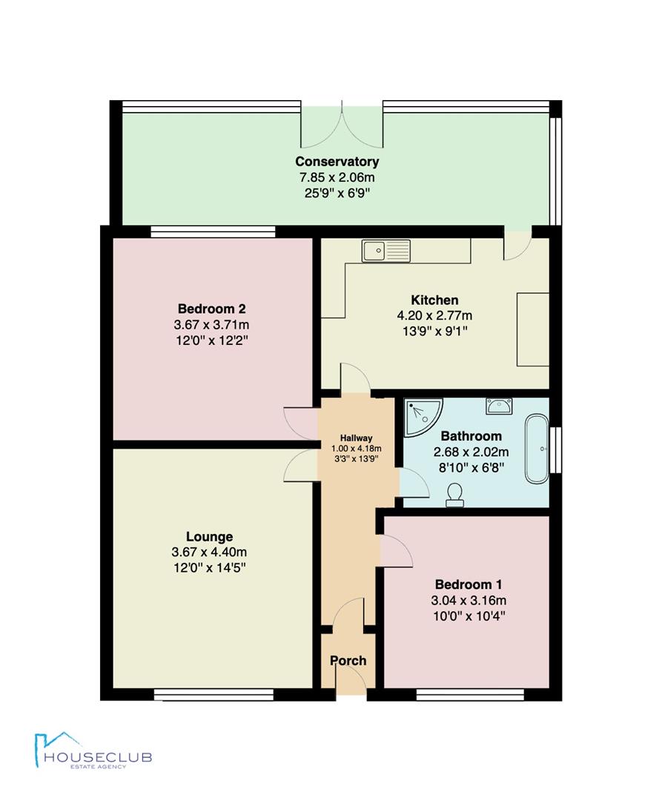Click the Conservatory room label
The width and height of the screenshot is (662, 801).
point(337,162)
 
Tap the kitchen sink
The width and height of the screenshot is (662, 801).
point(386,251)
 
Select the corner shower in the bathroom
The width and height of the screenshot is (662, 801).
point(423,418)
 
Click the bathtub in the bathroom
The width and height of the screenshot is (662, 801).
point(537,449)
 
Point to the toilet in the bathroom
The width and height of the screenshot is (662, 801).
point(454,495)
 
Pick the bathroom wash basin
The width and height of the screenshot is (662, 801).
point(499,406)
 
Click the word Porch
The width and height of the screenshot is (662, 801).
point(348,661)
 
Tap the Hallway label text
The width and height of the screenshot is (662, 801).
point(357,438)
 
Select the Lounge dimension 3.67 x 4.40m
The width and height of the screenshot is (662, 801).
point(209,553)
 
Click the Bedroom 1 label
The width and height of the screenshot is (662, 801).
point(469,584)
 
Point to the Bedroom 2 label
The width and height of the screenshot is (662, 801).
point(212,309)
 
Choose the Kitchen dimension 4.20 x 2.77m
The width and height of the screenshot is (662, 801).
point(435,316)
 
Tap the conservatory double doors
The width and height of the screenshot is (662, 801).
point(342,124)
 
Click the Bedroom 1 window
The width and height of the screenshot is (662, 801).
point(470,695)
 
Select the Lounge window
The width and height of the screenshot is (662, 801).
point(214,695)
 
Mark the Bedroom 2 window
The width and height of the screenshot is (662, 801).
point(213,232)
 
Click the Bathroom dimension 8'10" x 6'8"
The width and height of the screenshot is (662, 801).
point(471,467)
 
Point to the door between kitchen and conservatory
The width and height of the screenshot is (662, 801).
point(517,245)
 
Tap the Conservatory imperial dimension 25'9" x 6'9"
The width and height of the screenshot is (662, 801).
point(337,194)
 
